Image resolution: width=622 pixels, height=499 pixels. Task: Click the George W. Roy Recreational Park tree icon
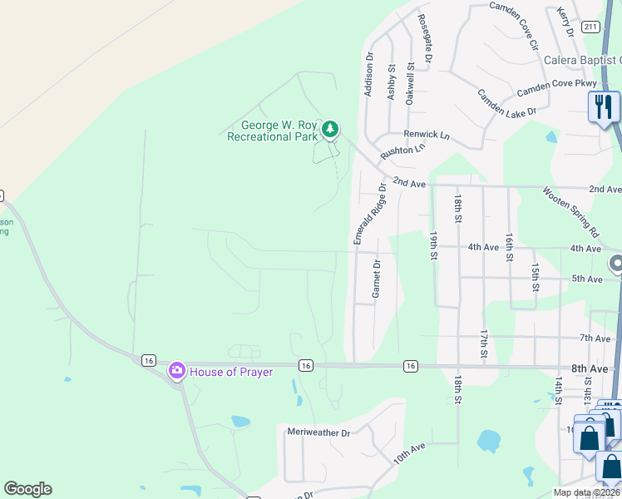click(331, 129)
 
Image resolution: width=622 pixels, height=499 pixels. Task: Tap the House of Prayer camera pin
click(176, 371)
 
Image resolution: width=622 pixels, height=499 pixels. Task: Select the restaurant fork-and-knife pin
click(604, 107)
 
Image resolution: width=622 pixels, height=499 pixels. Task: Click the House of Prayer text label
click(232, 372)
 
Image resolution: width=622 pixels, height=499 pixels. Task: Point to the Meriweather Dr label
click(319, 432)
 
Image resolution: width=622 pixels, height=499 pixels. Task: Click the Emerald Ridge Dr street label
click(371, 213)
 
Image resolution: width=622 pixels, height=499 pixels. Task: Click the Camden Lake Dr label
click(508, 102)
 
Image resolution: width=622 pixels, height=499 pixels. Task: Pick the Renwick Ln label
click(427, 134)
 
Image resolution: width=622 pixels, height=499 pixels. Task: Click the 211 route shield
click(591, 27)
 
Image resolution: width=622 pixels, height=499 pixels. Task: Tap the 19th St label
click(433, 247)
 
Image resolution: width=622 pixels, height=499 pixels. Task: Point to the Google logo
click(27, 489)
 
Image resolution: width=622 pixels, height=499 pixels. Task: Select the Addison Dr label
click(369, 74)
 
